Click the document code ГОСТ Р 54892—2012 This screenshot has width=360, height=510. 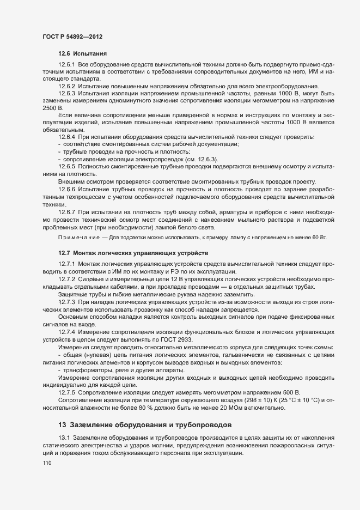[72, 36]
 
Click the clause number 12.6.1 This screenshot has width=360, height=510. [66, 65]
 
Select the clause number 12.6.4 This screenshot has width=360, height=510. [66, 137]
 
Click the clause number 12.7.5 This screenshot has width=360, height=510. [66, 392]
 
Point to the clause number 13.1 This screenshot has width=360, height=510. [63, 438]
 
